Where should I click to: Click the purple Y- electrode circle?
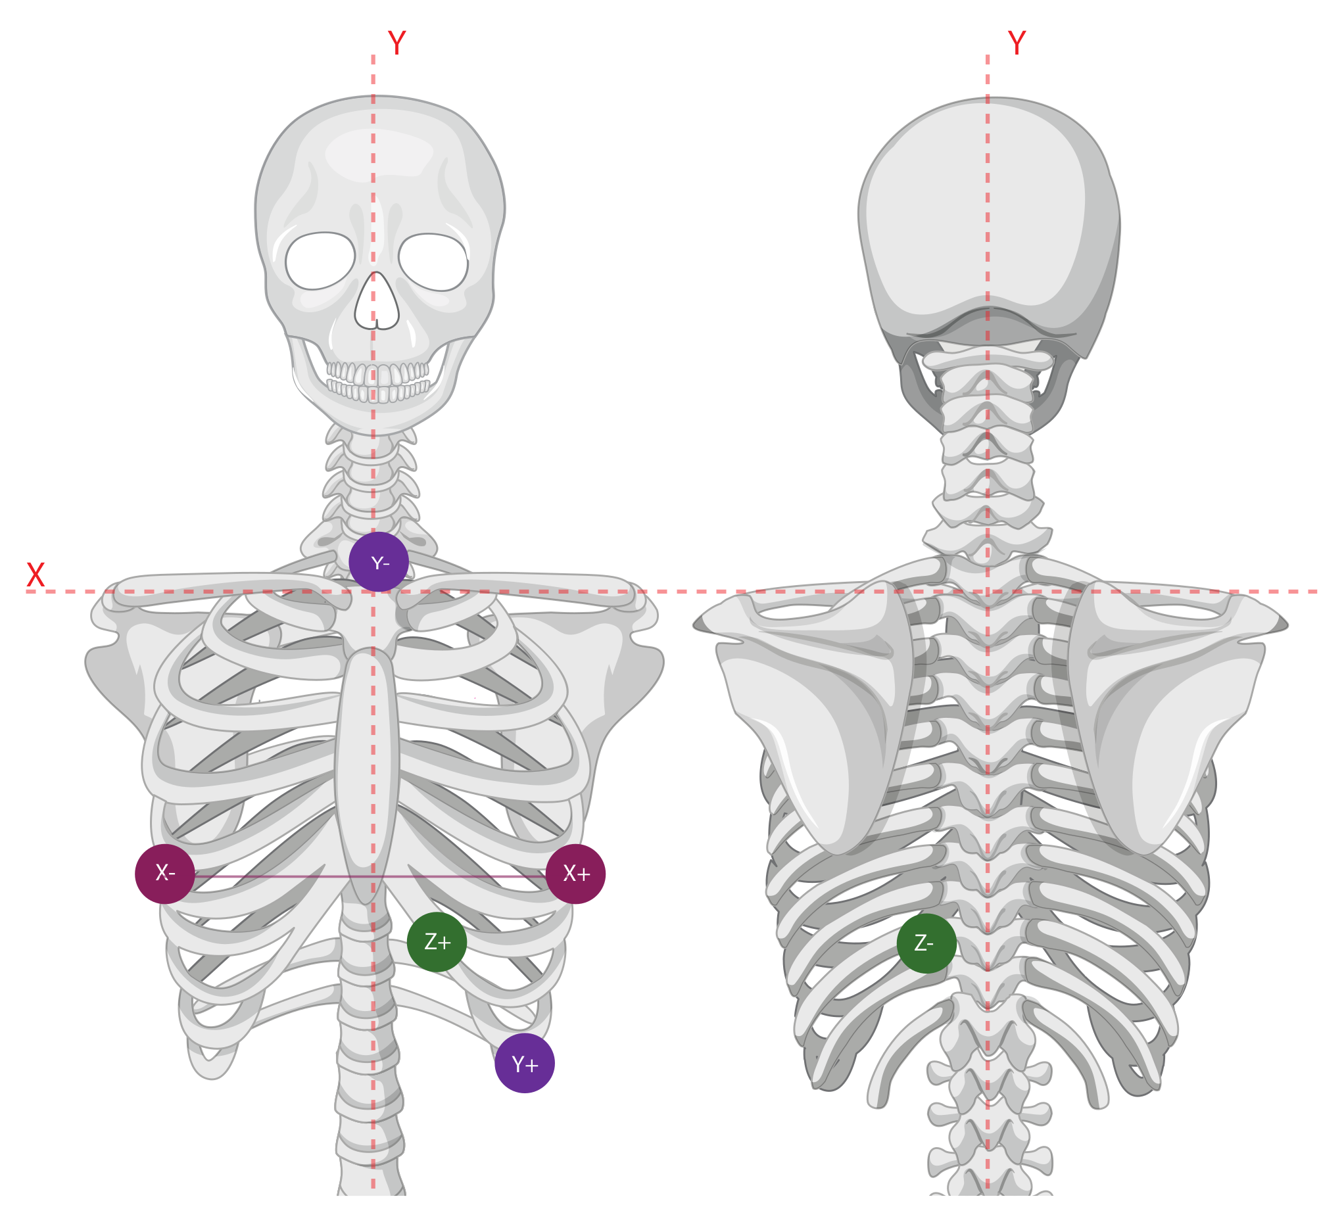tap(379, 562)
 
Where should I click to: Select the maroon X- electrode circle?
tap(164, 874)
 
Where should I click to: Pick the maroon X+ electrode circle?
tap(575, 874)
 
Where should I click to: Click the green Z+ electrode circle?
tap(437, 942)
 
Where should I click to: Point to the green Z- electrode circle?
tap(926, 943)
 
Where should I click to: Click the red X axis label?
tap(36, 575)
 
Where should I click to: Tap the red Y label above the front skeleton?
tap(396, 44)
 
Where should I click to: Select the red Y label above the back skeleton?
tap(1017, 44)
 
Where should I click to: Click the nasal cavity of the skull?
tap(376, 303)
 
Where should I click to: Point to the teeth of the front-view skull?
tap(377, 382)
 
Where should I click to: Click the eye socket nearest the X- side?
tap(320, 261)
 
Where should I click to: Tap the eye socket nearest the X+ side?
tap(433, 262)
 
